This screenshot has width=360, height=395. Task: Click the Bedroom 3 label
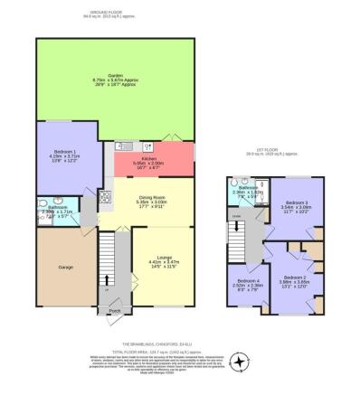296,202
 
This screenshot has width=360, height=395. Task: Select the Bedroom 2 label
294,277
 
